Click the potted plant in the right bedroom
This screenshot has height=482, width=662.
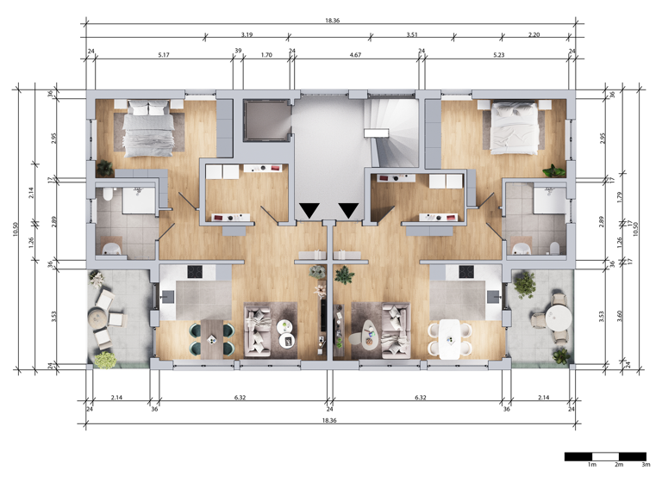(559, 170)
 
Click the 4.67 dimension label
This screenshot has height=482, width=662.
(354, 53)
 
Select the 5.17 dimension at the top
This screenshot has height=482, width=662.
(164, 53)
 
